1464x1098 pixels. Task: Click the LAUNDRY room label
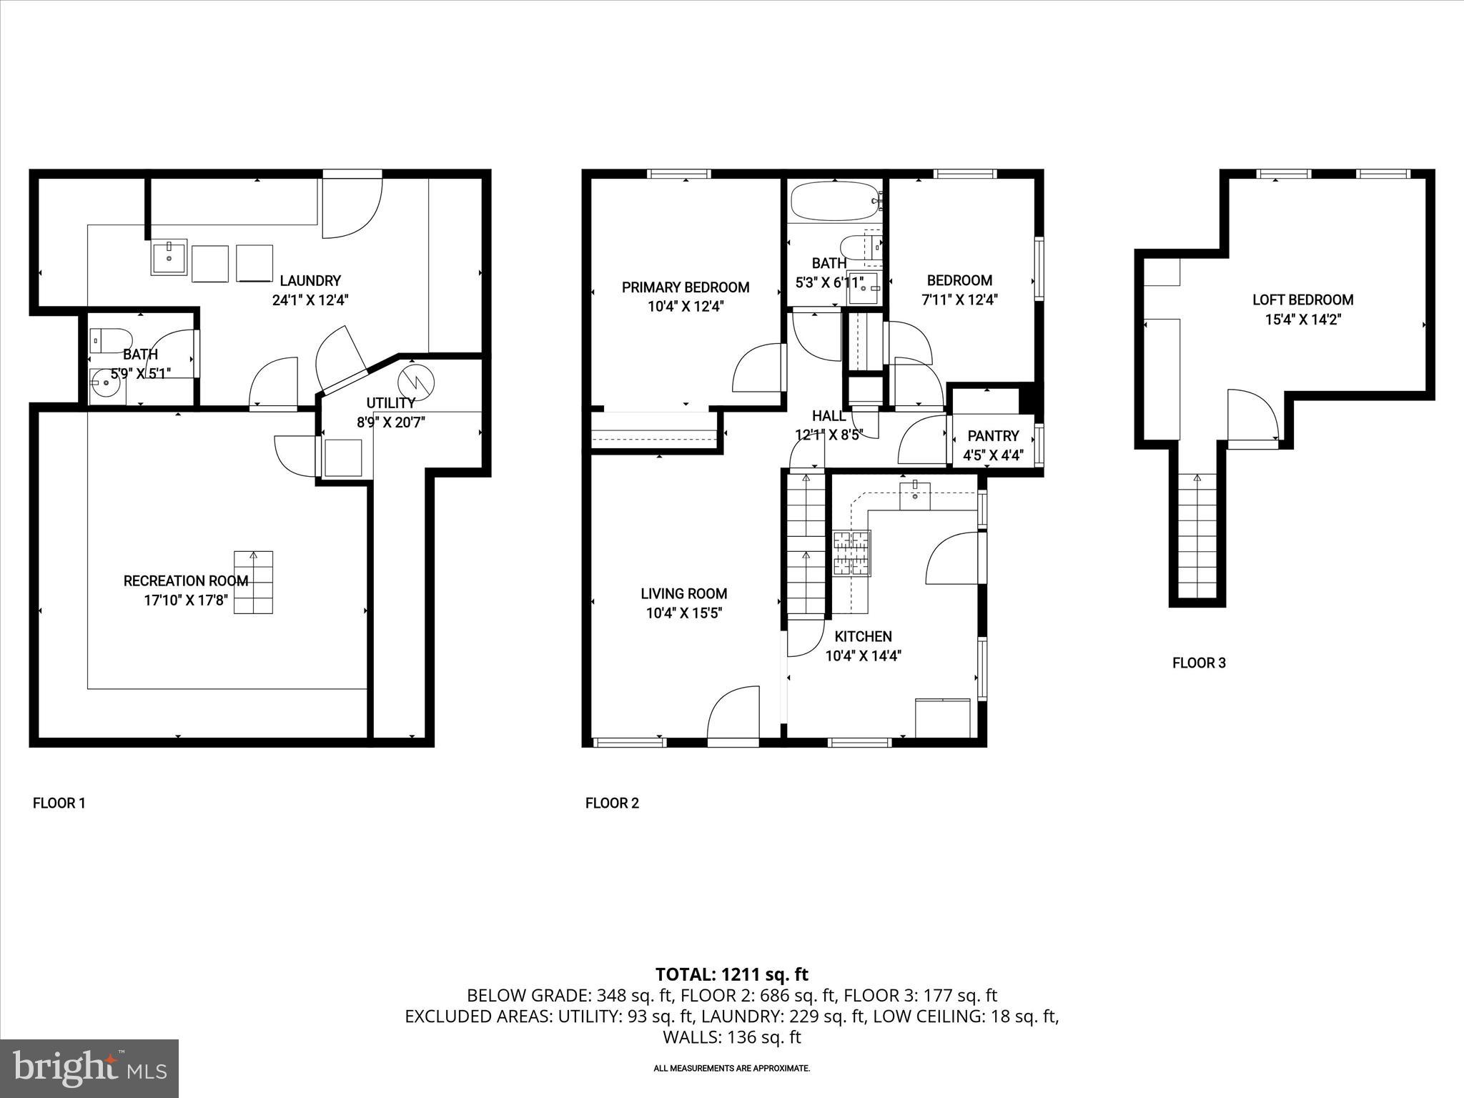[x=310, y=281]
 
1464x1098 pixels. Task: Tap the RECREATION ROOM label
[x=186, y=581]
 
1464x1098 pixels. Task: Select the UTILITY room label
[x=390, y=403]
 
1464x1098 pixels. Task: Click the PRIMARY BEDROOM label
[x=685, y=287]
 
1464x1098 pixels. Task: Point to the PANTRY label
[x=993, y=436]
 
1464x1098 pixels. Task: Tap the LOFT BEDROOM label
[x=1302, y=300]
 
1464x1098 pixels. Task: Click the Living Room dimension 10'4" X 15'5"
[x=684, y=613]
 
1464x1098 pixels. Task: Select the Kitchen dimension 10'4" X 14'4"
[x=863, y=656]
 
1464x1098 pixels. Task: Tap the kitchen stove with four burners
[x=851, y=553]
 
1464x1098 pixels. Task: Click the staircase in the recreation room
[x=253, y=583]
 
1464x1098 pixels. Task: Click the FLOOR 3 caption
[x=1199, y=663]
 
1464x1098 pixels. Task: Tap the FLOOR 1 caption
[x=59, y=803]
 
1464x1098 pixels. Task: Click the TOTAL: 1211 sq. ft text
[x=731, y=974]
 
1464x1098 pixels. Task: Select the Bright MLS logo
[x=89, y=1068]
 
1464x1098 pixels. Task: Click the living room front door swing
[x=734, y=715]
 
